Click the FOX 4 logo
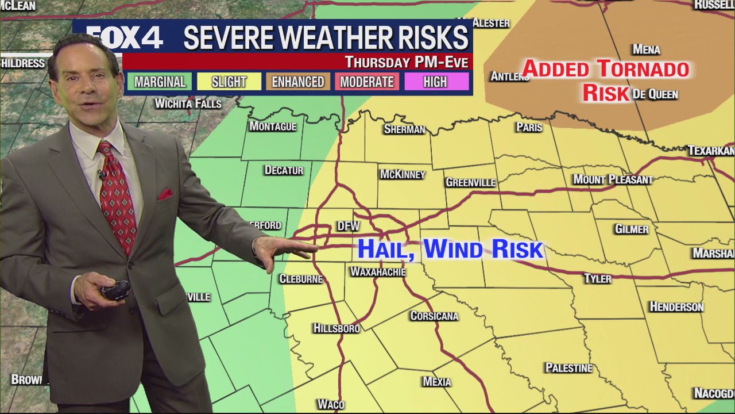pos(125,39)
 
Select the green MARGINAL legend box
pos(160,82)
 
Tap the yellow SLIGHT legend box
pos(229,82)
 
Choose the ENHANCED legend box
pos(297,82)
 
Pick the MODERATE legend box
pos(366,82)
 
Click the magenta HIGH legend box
pos(435,82)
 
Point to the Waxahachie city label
pos(378,271)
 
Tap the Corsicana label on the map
pos(434,316)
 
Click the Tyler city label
pos(597,279)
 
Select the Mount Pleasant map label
pos(613,179)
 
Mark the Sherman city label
pos(404,129)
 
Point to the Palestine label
pos(568,368)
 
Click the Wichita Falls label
pos(188,104)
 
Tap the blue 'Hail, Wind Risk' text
pos(450,249)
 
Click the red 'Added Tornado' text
pos(605,69)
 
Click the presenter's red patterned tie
pos(118,195)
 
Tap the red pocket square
pos(165,194)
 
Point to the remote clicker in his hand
pos(117,290)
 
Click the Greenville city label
pos(470,182)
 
